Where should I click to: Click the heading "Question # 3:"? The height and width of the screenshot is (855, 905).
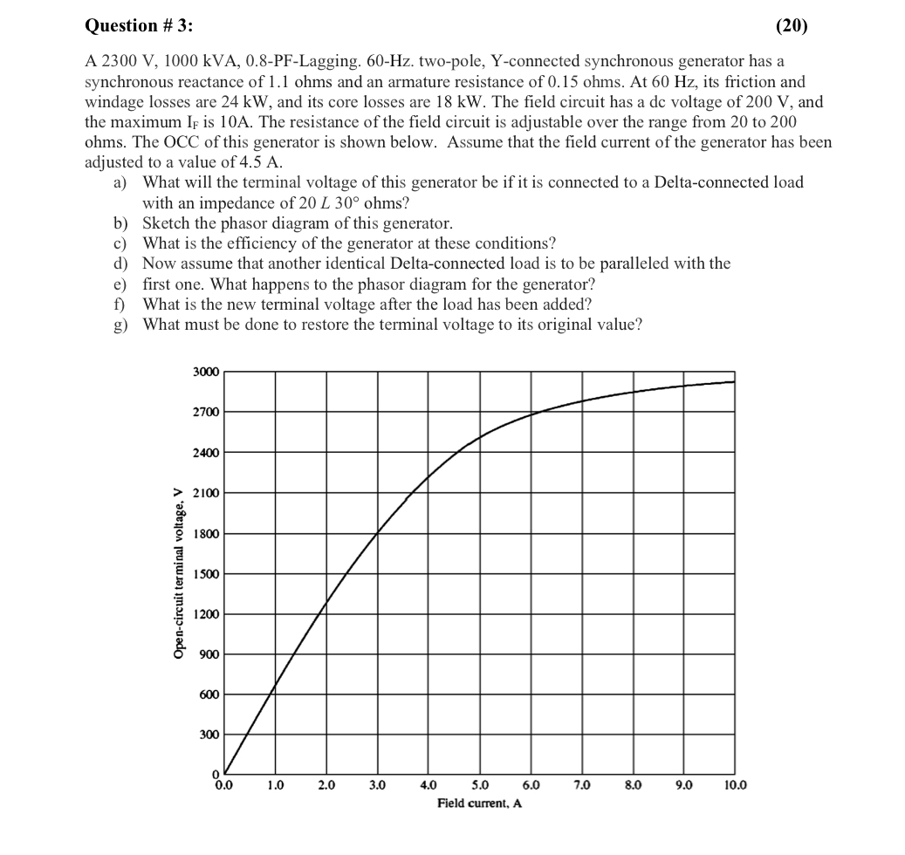coord(139,26)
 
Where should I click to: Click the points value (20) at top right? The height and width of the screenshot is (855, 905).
coord(791,26)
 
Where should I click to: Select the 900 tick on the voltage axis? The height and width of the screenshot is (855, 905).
coord(209,654)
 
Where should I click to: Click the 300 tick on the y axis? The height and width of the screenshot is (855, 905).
coord(209,735)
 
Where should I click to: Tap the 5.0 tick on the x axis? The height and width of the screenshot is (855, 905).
coord(480,785)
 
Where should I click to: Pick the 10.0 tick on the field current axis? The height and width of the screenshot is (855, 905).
coord(735,785)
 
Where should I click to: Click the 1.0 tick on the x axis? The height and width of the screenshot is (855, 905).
coord(276,785)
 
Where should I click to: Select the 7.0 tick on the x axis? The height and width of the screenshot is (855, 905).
coord(582,785)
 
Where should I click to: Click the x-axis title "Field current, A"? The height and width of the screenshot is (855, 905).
coord(479,803)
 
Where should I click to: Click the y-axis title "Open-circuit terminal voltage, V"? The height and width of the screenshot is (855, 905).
coord(179,572)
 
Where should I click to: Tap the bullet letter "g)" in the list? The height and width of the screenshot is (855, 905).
coord(121,325)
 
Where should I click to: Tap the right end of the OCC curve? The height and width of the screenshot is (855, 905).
coord(734,381)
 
